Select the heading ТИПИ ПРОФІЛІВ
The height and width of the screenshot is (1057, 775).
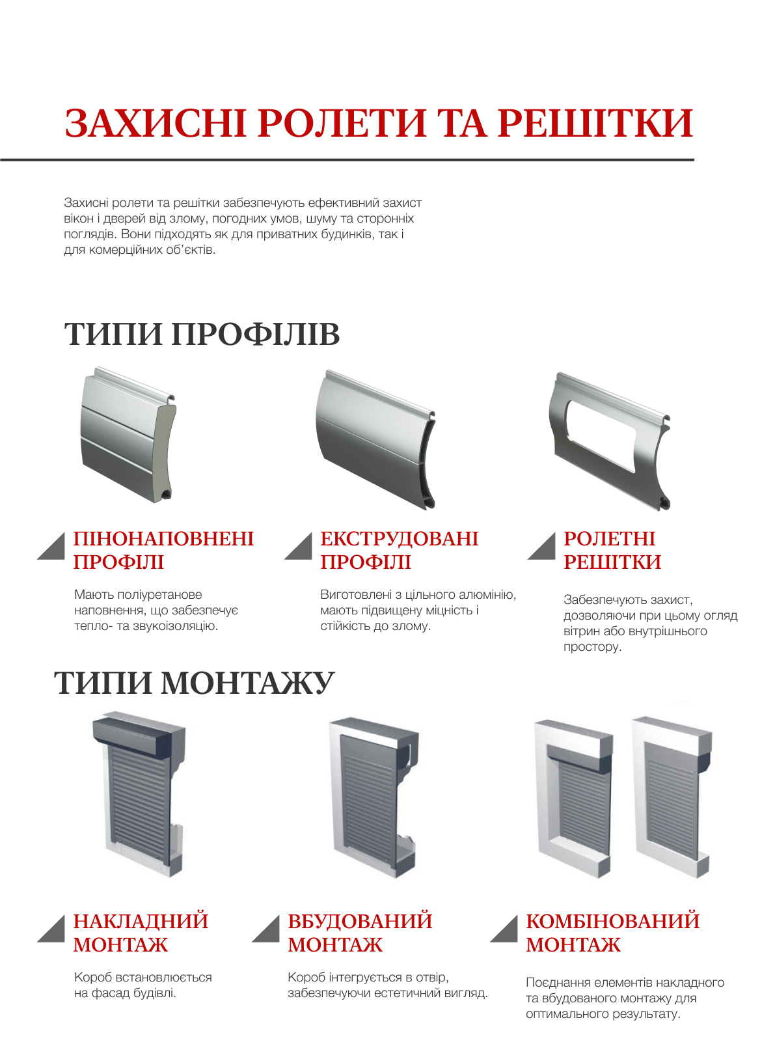pos(202,335)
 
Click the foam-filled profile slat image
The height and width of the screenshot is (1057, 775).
pos(127,435)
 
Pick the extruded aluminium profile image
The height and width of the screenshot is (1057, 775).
pos(374,439)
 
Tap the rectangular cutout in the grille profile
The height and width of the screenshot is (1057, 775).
pos(601,434)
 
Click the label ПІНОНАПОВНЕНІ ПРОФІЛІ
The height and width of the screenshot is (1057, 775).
pos(163,550)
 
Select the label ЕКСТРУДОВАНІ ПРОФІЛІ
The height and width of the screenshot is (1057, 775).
pos(398,550)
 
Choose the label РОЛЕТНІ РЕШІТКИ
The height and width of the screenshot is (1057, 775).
pos(612,550)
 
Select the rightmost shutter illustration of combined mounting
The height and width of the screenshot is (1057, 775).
pos(672,797)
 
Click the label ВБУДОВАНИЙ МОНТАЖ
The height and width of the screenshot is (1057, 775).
pos(359,933)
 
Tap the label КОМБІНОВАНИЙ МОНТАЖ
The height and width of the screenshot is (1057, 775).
pos(612,933)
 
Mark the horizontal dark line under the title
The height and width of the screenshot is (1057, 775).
pos(347,159)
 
